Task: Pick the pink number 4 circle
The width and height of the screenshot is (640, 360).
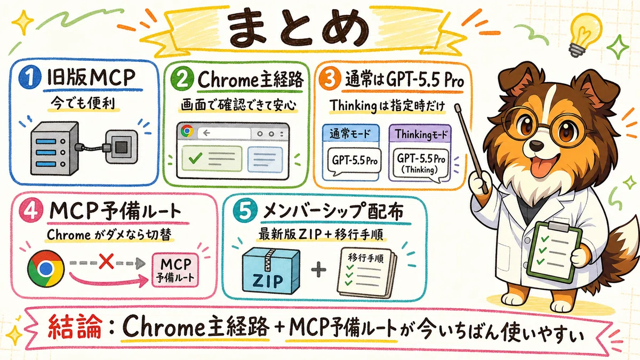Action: (31, 211)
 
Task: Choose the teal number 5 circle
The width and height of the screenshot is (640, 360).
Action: (245, 212)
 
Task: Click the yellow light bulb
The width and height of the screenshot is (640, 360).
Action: (585, 34)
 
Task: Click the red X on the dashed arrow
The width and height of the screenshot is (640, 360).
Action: (106, 262)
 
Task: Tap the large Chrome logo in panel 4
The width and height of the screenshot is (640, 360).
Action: (46, 269)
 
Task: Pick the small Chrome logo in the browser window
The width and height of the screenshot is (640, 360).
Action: (187, 131)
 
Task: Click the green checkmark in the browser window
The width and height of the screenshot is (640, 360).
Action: (195, 157)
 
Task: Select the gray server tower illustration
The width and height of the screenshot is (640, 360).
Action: (54, 148)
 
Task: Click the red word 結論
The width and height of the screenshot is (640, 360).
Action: (75, 326)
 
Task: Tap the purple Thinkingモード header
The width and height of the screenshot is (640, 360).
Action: (420, 133)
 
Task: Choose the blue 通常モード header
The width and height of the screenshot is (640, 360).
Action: (350, 133)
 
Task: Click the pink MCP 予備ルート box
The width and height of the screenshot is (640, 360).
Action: (175, 270)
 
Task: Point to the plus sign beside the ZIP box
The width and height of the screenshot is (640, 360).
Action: (318, 270)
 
